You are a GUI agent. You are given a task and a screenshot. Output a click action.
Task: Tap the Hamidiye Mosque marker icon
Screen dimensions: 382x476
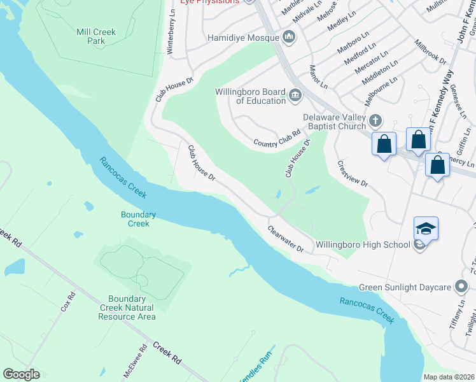(289, 37)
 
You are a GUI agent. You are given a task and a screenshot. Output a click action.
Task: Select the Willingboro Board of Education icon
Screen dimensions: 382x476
(295, 96)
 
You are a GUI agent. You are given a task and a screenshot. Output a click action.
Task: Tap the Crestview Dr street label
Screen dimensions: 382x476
(353, 173)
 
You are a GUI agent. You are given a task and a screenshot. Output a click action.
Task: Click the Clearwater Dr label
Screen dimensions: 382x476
(286, 239)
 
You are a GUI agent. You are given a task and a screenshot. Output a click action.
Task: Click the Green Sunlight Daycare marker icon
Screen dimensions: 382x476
(461, 287)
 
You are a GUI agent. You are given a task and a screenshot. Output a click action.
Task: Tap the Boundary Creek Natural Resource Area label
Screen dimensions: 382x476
(132, 308)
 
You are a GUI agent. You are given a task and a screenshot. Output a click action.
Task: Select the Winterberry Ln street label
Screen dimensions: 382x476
(171, 32)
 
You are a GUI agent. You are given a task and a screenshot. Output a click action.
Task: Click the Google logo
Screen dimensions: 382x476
(21, 374)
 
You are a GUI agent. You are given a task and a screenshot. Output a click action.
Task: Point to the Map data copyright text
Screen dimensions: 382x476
(449, 377)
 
